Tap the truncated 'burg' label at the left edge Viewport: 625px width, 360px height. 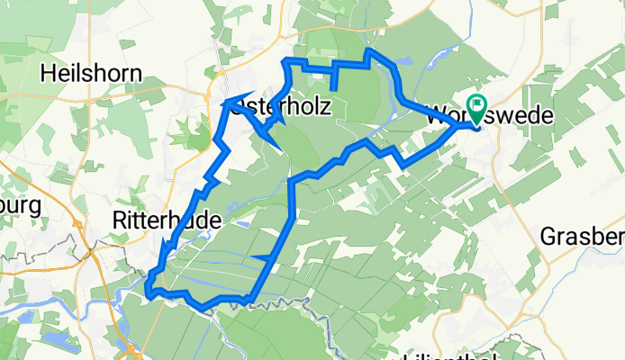pyautogui.click(x=20, y=206)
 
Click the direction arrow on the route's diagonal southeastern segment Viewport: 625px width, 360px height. pyautogui.click(x=265, y=260)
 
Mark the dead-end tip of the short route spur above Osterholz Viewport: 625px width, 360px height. pyautogui.click(x=334, y=88)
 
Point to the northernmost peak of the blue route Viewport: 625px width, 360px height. pyautogui.click(x=368, y=51)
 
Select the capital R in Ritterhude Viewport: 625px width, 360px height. pyautogui.click(x=119, y=219)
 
